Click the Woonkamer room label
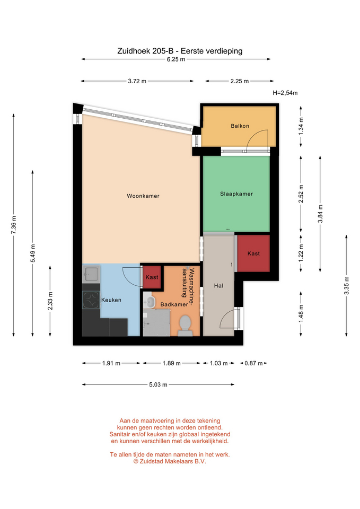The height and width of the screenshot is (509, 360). [x=143, y=196]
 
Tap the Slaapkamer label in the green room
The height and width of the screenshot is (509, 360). [x=236, y=194]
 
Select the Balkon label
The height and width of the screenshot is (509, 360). [x=240, y=126]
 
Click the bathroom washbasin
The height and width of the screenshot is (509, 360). [x=150, y=302]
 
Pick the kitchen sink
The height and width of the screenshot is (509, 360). [x=91, y=274]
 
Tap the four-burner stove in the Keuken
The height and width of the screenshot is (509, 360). [x=91, y=300]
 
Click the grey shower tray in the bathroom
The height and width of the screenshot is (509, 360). [x=156, y=322]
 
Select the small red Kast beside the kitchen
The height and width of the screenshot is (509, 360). [x=152, y=277]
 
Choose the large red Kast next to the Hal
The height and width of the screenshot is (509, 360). [x=253, y=253]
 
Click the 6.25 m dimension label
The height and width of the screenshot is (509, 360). [x=176, y=59]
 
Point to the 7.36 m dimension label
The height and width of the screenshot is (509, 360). [x=14, y=225]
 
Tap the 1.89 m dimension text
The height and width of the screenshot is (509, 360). [x=171, y=363]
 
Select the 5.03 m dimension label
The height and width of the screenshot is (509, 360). [x=158, y=385]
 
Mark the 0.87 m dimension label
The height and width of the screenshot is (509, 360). [x=253, y=363]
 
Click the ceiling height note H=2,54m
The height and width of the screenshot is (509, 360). [x=285, y=93]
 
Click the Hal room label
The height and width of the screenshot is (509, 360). [x=218, y=286]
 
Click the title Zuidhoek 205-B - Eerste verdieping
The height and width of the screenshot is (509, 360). [x=180, y=51]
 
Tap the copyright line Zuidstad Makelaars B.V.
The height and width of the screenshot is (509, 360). [x=170, y=461]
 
